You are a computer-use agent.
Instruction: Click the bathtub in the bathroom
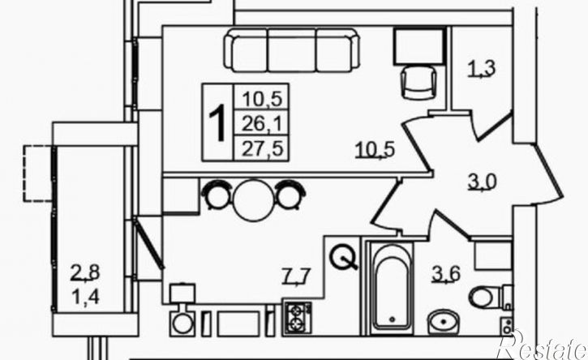(393, 288)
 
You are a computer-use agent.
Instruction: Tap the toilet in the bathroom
(490, 297)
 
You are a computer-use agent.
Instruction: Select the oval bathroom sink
(444, 322)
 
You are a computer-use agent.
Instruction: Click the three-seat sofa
(293, 49)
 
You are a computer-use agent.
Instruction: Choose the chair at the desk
(418, 82)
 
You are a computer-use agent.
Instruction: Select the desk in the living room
(418, 45)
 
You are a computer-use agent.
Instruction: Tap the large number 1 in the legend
(217, 122)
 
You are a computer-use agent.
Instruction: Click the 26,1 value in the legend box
(261, 123)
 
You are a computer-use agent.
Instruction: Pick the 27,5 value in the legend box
(261, 149)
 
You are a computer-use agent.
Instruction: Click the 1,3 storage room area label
(482, 69)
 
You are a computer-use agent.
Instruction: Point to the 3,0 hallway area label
(483, 182)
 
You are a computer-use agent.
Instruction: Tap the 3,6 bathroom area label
(446, 275)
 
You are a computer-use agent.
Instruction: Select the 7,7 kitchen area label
(296, 277)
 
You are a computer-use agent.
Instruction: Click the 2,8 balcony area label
(86, 272)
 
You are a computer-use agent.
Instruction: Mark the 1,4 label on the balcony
(86, 298)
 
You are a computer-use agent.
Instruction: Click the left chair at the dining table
(217, 194)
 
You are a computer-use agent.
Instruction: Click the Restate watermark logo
(542, 345)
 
